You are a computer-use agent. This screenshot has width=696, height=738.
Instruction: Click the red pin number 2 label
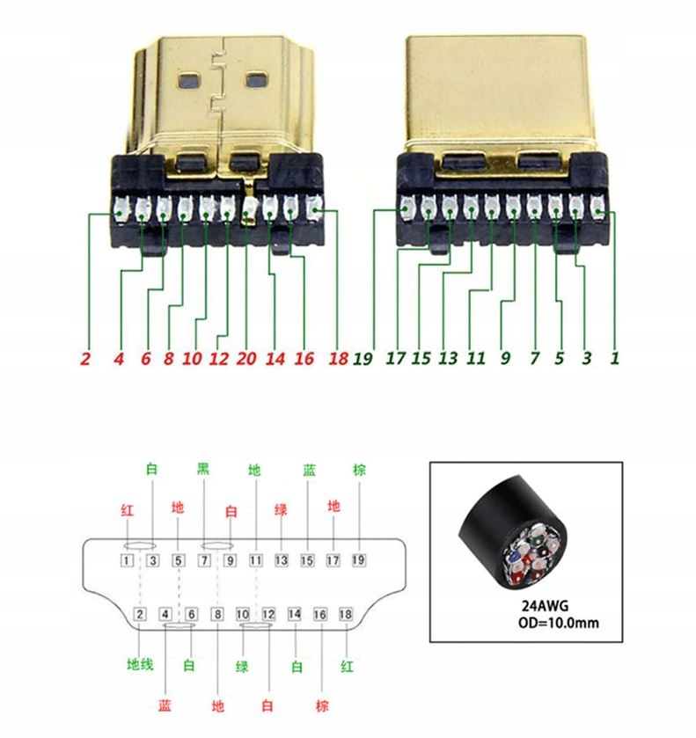coord(85,359)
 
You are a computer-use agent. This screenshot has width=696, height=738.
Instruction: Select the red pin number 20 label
coord(248,359)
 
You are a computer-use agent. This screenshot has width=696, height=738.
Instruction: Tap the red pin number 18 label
coord(337,359)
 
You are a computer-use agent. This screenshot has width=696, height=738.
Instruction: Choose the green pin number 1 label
coord(615,359)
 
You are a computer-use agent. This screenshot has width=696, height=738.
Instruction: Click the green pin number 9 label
coord(505,359)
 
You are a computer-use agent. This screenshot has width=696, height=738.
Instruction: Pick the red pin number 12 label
coord(220,359)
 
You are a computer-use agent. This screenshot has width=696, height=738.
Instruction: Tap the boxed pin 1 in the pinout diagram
coord(128,559)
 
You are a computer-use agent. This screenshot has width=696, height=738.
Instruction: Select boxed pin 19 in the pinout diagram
coord(359,559)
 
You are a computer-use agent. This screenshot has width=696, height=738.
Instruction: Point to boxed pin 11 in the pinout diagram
coord(256,559)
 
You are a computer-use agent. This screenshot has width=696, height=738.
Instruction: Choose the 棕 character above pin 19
coord(359,471)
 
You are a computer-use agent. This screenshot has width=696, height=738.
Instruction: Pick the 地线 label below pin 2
coord(141,665)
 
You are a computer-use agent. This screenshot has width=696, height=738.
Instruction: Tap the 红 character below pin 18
coord(347,666)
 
